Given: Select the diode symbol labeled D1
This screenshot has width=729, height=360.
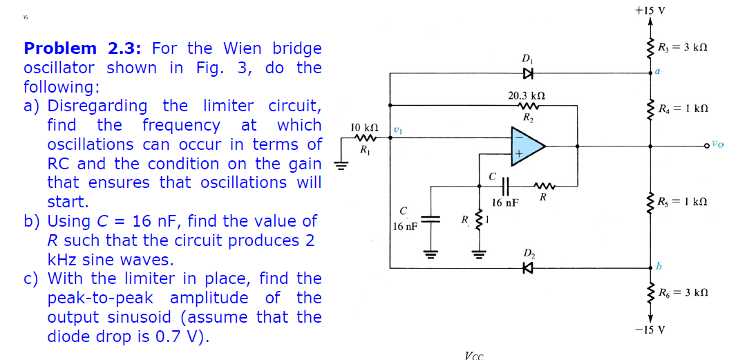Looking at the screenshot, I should pyautogui.click(x=529, y=73).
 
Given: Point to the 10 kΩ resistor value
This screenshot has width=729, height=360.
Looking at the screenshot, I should pyautogui.click(x=364, y=129).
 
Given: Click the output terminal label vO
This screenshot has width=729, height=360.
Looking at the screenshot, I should pyautogui.click(x=718, y=146).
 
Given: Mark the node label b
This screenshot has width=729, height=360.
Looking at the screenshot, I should pyautogui.click(x=659, y=265).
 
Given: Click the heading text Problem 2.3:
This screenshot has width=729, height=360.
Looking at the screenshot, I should pyautogui.click(x=83, y=48).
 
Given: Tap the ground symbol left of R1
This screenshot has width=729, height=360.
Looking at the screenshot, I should pyautogui.click(x=339, y=164).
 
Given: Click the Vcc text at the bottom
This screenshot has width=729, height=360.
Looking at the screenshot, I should pyautogui.click(x=474, y=355).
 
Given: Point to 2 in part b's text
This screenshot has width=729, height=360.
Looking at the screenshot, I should pyautogui.click(x=310, y=240).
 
